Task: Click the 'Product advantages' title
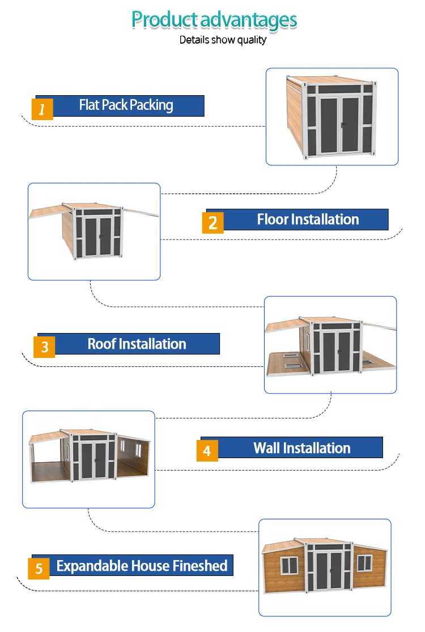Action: coord(214,20)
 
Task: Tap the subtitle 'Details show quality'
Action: coord(223,40)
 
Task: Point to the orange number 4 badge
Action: coord(207,451)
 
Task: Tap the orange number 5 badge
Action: coord(39,568)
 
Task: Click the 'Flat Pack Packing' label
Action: coord(126,105)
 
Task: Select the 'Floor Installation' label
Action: coord(308,219)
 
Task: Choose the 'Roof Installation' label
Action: coord(137,344)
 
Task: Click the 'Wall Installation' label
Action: coord(301,448)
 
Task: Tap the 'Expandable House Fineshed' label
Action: coord(142,565)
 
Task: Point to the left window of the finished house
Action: coord(290,564)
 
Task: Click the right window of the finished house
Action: coord(364,562)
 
